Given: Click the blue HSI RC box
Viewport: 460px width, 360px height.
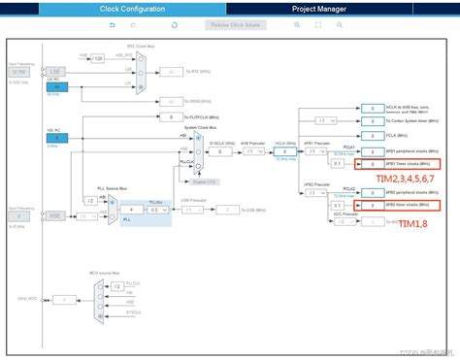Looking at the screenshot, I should pos(52,140).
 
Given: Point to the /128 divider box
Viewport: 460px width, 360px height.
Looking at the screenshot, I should pos(97,59).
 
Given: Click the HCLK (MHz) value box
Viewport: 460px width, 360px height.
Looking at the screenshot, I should pos(282,152).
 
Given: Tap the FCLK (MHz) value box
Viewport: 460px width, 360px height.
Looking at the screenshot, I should pos(372,135).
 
